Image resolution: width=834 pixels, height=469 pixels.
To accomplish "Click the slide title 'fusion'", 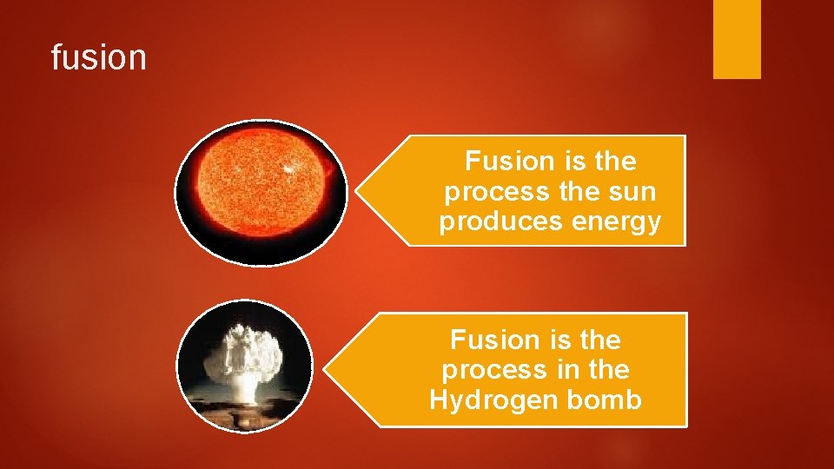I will point(98,58).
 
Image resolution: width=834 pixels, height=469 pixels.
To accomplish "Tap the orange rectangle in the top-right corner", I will point(737,38).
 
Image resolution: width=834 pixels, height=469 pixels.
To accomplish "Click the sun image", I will point(260,192).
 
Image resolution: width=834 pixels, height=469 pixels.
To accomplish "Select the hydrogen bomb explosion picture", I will point(245,366).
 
